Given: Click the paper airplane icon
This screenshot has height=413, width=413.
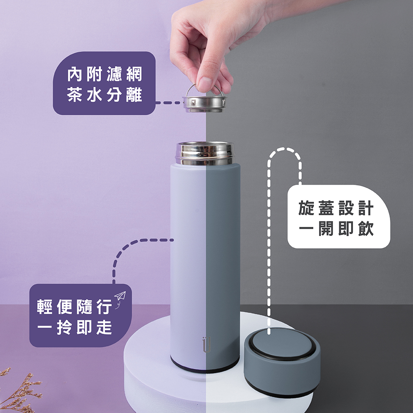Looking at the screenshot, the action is (120, 297).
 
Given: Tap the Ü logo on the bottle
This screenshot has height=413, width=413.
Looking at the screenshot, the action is (206, 344).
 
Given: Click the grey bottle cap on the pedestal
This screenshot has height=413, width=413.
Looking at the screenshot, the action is (282, 362).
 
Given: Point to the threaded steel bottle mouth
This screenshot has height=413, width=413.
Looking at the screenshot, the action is (205, 154).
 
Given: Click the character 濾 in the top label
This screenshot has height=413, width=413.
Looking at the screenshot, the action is (114, 74).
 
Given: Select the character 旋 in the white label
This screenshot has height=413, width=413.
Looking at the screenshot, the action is (306, 208).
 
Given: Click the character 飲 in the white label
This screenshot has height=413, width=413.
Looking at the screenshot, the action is (366, 228).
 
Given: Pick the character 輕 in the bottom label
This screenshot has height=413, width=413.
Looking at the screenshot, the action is (45, 307).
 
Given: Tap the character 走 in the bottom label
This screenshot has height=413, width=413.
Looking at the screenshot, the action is (104, 328).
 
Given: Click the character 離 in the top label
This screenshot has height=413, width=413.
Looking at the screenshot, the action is (134, 95).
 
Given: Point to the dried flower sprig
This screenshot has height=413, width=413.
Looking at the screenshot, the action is (19, 390).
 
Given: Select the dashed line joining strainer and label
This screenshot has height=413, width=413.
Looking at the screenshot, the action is (169, 102).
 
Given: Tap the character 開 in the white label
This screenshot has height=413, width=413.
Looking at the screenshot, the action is (326, 228).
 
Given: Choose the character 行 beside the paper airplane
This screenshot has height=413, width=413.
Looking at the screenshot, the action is (104, 307).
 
